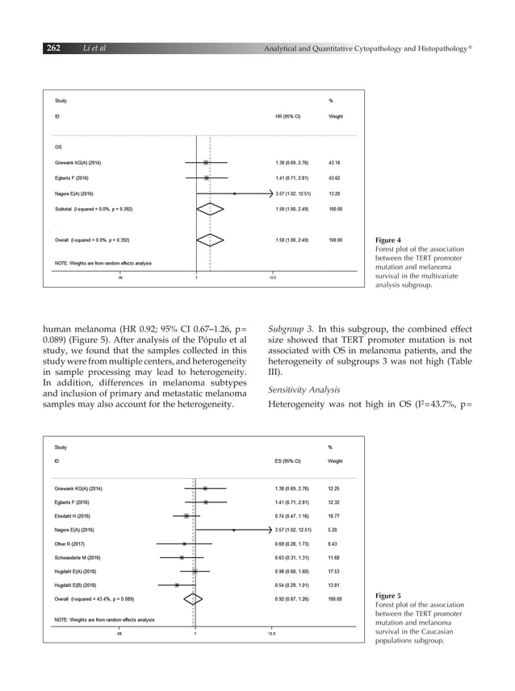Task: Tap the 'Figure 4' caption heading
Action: click(388, 240)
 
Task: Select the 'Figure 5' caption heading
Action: click(388, 596)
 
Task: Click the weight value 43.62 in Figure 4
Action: click(335, 177)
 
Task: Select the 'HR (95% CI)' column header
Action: click(288, 116)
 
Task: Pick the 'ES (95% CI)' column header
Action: click(288, 462)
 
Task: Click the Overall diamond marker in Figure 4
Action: click(209, 239)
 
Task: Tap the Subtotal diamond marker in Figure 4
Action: click(209, 209)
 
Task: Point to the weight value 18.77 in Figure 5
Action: click(335, 515)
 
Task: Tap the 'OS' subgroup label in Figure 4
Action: click(58, 147)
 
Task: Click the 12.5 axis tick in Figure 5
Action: click(272, 634)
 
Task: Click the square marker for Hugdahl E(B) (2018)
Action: click(177, 585)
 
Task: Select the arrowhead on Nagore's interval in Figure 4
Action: click(270, 194)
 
